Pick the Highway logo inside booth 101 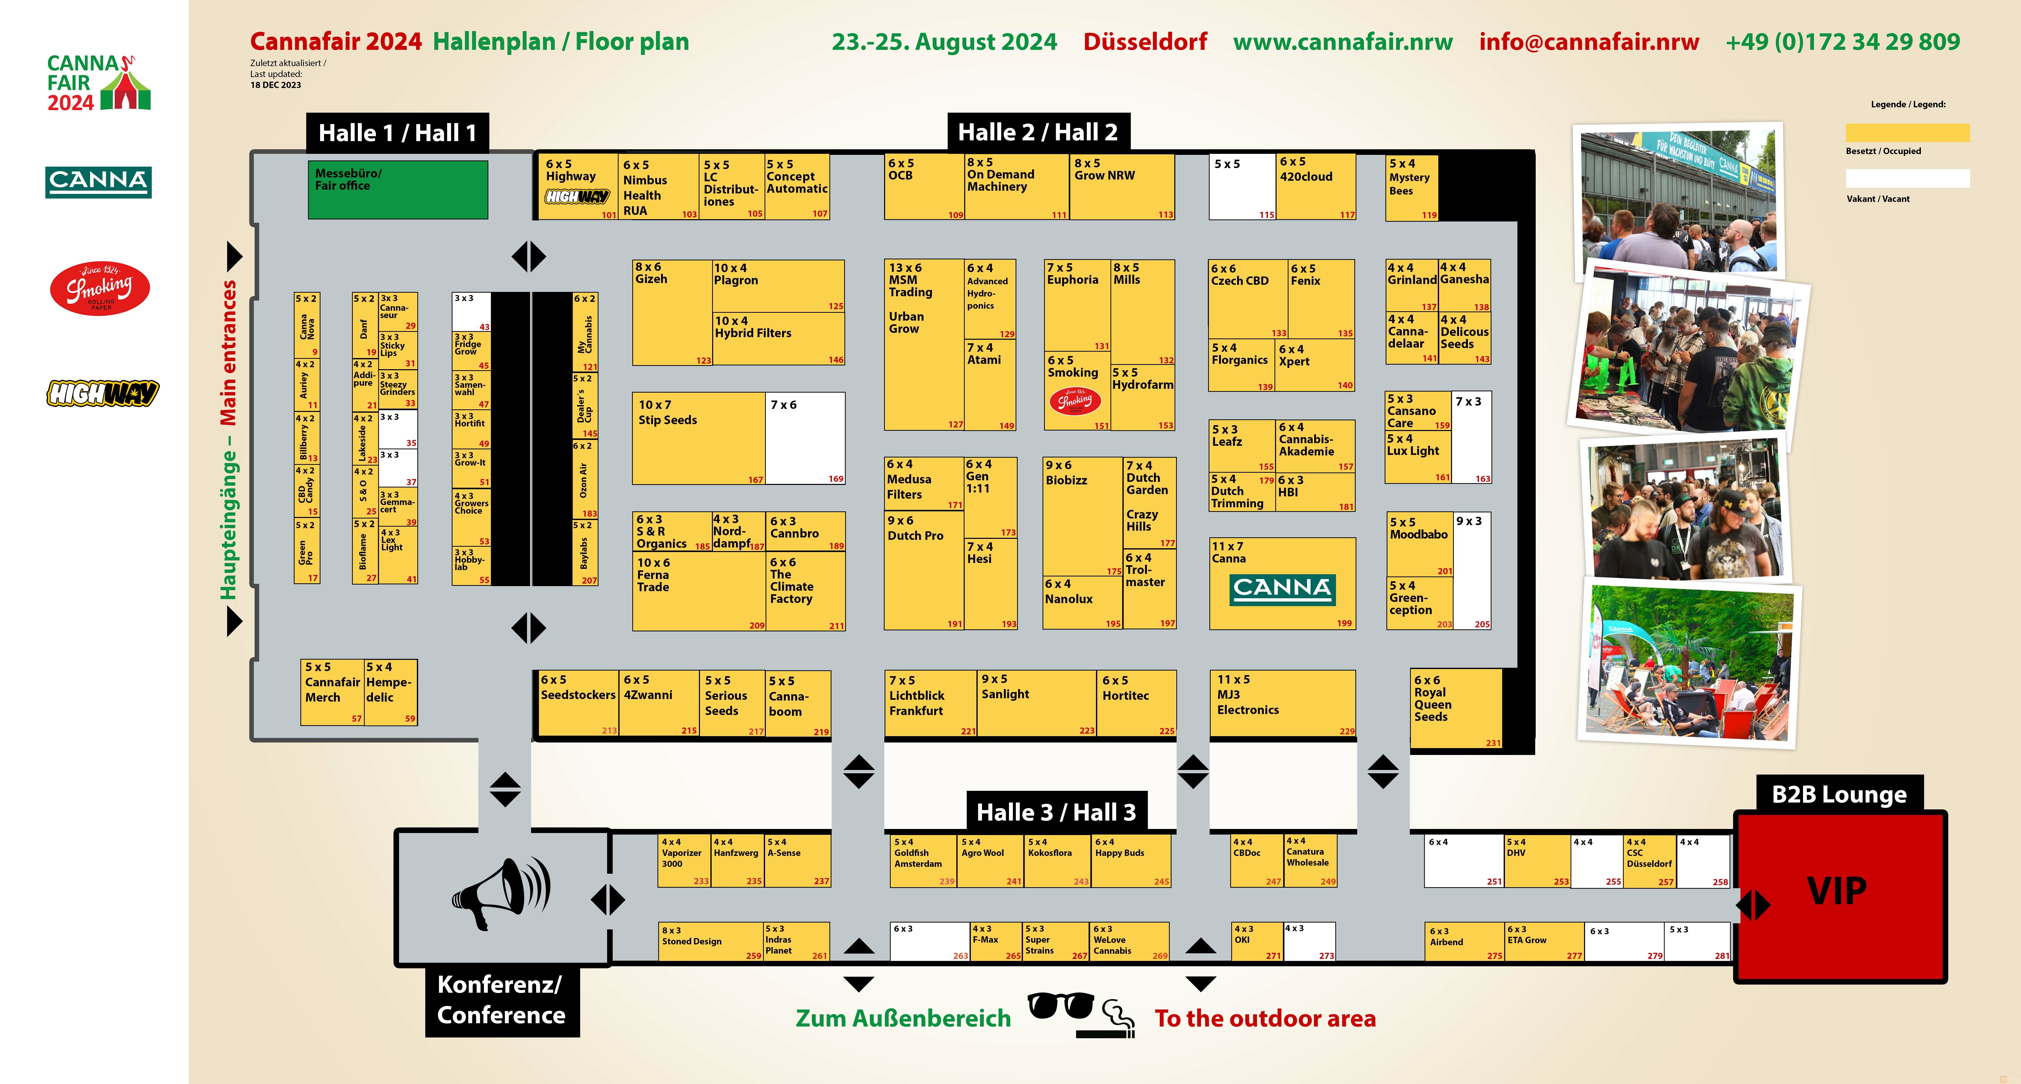pos(577,197)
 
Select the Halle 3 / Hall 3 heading pos(1056,812)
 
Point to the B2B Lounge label pos(1838,795)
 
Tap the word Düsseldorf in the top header pos(1145,41)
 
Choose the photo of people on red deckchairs pos(1692,663)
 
